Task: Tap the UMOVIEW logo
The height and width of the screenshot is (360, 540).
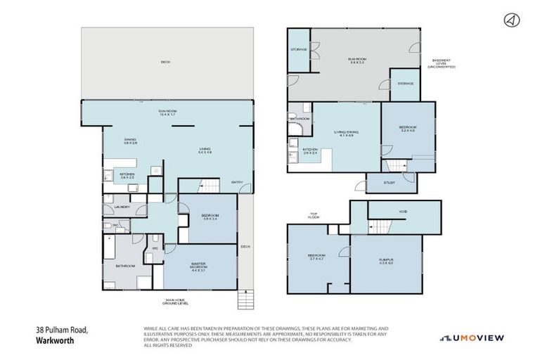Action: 472,338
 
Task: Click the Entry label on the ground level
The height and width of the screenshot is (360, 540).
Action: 237,182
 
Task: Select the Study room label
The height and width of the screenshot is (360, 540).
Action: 390,182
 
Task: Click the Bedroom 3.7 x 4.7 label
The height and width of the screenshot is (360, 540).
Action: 316,257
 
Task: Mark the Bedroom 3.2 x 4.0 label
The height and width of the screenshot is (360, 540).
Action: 408,129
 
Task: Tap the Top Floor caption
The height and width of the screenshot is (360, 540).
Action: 314,216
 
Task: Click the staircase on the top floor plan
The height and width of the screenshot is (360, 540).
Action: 378,226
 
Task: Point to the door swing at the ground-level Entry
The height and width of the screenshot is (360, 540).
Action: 244,188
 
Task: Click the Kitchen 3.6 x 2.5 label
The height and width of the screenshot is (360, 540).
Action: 127,175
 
